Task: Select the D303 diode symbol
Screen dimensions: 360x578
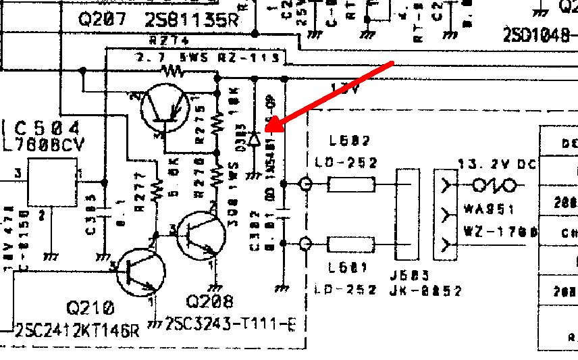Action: [254, 140]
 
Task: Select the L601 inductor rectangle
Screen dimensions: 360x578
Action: [350, 243]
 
